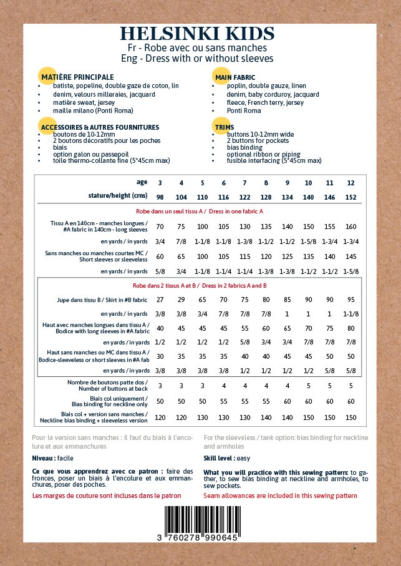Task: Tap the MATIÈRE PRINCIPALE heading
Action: point(77,76)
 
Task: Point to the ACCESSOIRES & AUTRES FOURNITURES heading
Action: point(100,127)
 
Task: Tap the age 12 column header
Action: point(350,183)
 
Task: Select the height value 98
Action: point(160,196)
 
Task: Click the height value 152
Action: point(350,196)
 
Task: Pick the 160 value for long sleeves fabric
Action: point(350,227)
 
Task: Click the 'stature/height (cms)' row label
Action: point(118,196)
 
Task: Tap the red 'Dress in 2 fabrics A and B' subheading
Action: point(200,285)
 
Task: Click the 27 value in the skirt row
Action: point(160,300)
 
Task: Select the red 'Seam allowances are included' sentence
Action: point(280,495)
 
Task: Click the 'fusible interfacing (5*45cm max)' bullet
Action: point(274,160)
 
